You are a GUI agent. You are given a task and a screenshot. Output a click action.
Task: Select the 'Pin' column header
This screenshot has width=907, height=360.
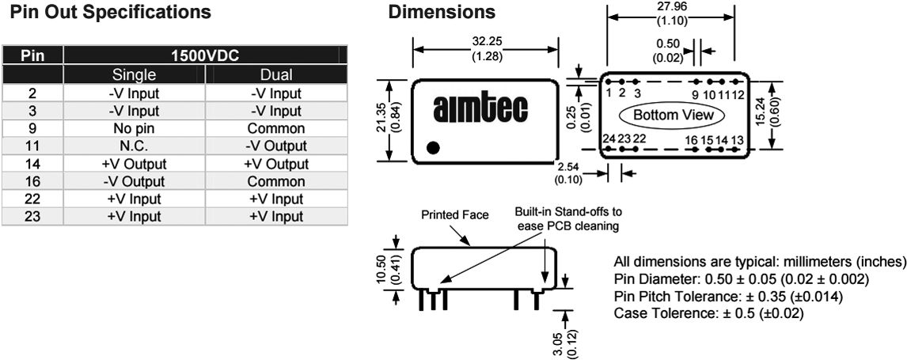coord(32,57)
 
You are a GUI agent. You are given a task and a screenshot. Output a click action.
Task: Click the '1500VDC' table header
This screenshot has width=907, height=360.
coord(204,57)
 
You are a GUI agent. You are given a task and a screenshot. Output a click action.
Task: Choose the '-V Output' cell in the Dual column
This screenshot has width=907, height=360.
coord(276,145)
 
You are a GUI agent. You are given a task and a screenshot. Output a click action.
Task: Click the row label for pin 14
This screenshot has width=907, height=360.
coord(32,163)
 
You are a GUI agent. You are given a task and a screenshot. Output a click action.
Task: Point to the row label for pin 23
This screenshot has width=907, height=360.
coord(32,216)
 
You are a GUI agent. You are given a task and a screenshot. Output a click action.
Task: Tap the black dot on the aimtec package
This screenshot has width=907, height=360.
coord(432,146)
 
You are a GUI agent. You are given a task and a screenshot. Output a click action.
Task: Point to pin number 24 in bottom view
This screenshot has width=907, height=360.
coord(608,138)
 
